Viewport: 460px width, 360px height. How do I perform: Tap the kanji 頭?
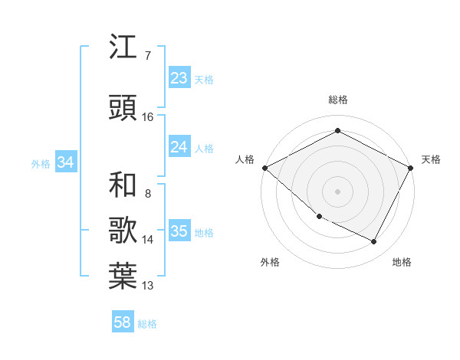pyautogui.click(x=123, y=107)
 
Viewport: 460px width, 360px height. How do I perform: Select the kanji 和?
pyautogui.click(x=123, y=185)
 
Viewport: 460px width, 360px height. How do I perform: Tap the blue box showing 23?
pyautogui.click(x=179, y=78)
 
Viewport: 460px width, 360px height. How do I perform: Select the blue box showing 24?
pyautogui.click(x=179, y=147)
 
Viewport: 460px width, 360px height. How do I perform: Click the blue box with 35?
pyautogui.click(x=179, y=231)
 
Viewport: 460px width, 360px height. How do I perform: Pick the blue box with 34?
pyautogui.click(x=65, y=162)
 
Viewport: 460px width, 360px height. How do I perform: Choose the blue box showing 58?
pyautogui.click(x=123, y=322)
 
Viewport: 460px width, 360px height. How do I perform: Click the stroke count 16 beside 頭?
pyautogui.click(x=147, y=116)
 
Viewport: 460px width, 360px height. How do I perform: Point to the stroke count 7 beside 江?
pyautogui.click(x=147, y=55)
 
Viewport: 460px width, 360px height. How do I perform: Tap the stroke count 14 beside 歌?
pyautogui.click(x=147, y=240)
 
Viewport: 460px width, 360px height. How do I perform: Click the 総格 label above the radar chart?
pyautogui.click(x=337, y=100)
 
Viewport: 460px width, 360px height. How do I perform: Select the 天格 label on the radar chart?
pyautogui.click(x=431, y=159)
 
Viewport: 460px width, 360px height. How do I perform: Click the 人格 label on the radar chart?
pyautogui.click(x=245, y=159)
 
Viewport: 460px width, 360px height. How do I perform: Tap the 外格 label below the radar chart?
pyautogui.click(x=270, y=262)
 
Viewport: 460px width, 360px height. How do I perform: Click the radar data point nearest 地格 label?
pyautogui.click(x=374, y=242)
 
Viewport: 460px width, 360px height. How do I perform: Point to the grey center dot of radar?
pyautogui.click(x=337, y=191)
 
